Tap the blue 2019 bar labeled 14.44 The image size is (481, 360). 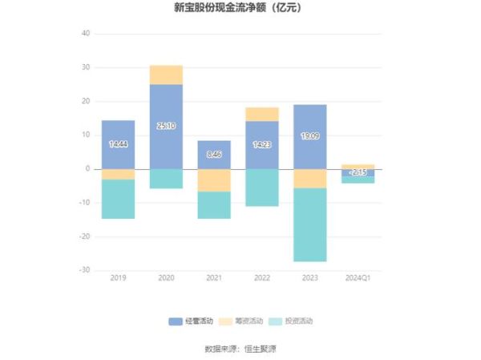pos(118,144)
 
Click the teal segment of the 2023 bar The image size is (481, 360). pos(309,224)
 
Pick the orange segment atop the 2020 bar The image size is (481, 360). pos(166,75)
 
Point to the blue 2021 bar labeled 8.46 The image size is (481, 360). pos(214,155)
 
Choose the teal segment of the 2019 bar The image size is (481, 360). pos(118,199)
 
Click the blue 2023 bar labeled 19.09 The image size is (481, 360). pos(309,137)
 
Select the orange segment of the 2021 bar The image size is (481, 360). pos(214,180)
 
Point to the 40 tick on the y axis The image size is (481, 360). pos(86,34)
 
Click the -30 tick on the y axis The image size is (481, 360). pos(84,270)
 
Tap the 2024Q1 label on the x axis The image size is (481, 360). pos(358,277)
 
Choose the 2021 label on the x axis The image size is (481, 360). pos(214,277)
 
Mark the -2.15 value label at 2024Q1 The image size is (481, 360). pos(358,172)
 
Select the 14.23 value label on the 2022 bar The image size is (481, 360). pos(262,145)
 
